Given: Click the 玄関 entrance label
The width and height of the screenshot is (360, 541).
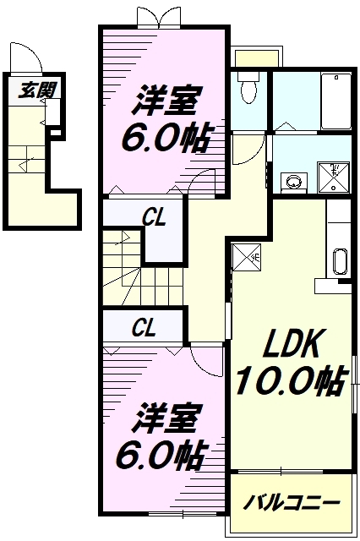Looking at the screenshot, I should coord(28,88).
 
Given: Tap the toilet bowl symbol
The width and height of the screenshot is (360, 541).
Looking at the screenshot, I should coord(248,90).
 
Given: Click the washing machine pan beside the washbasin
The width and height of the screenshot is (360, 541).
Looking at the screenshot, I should coord(338,175).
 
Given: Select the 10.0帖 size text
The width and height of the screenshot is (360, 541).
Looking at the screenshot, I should coord(287,382).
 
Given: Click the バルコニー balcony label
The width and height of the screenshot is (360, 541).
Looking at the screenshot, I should coord(292,504).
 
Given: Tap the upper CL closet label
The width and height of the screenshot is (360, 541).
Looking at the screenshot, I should coord(153,218).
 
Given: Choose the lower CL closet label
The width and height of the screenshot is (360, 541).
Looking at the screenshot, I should coord(143,327).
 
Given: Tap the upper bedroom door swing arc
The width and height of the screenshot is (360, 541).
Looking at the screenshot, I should coord(200,180).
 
